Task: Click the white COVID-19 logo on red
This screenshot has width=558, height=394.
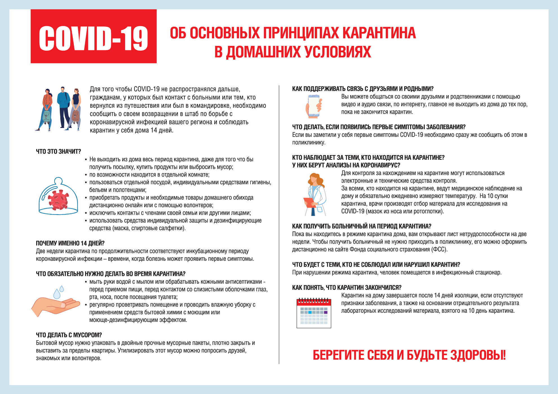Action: tap(93, 38)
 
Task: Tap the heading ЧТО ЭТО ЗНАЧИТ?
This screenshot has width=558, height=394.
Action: tap(58, 151)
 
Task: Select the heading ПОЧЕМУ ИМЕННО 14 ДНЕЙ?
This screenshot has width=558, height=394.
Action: tap(70, 243)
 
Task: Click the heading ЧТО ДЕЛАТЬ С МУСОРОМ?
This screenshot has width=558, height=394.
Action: tap(69, 335)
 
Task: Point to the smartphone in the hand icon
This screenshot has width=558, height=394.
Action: tap(314, 106)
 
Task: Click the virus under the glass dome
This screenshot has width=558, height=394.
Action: tap(59, 200)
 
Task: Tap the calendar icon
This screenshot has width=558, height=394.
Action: tap(314, 313)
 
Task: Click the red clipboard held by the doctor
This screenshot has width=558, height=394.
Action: tap(310, 202)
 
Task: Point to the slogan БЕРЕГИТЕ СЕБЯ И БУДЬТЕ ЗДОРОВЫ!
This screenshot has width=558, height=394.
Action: tap(409, 355)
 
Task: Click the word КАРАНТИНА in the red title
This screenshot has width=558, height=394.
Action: tap(379, 33)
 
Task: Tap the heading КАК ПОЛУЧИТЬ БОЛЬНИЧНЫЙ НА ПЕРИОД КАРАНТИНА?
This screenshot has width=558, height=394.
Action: tap(362, 226)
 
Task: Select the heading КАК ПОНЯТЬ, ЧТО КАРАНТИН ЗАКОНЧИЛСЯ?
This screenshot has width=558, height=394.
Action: tap(347, 288)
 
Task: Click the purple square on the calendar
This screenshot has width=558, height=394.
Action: tap(326, 312)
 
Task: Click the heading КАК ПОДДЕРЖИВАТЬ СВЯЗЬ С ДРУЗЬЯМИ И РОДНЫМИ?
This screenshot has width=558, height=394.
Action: tap(363, 89)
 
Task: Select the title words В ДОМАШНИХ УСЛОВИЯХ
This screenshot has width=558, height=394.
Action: tap(293, 52)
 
